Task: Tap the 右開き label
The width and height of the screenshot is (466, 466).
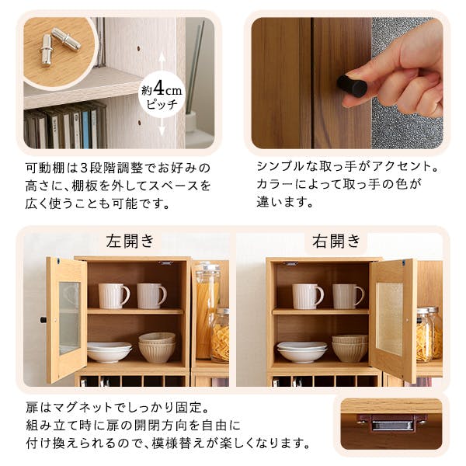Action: point(336,241)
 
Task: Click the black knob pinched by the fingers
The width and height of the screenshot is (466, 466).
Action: point(352,85)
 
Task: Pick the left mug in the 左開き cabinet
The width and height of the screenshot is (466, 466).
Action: point(113,295)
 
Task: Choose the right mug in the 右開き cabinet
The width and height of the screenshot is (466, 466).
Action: point(348,295)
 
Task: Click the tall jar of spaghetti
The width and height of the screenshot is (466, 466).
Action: point(207,299)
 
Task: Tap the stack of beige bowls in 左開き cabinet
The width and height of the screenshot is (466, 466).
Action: point(158,346)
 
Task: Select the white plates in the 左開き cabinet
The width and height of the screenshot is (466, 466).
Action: point(109,352)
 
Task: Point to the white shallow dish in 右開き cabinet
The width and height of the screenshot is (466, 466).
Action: point(301,351)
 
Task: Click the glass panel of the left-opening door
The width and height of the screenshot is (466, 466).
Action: point(68,318)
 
